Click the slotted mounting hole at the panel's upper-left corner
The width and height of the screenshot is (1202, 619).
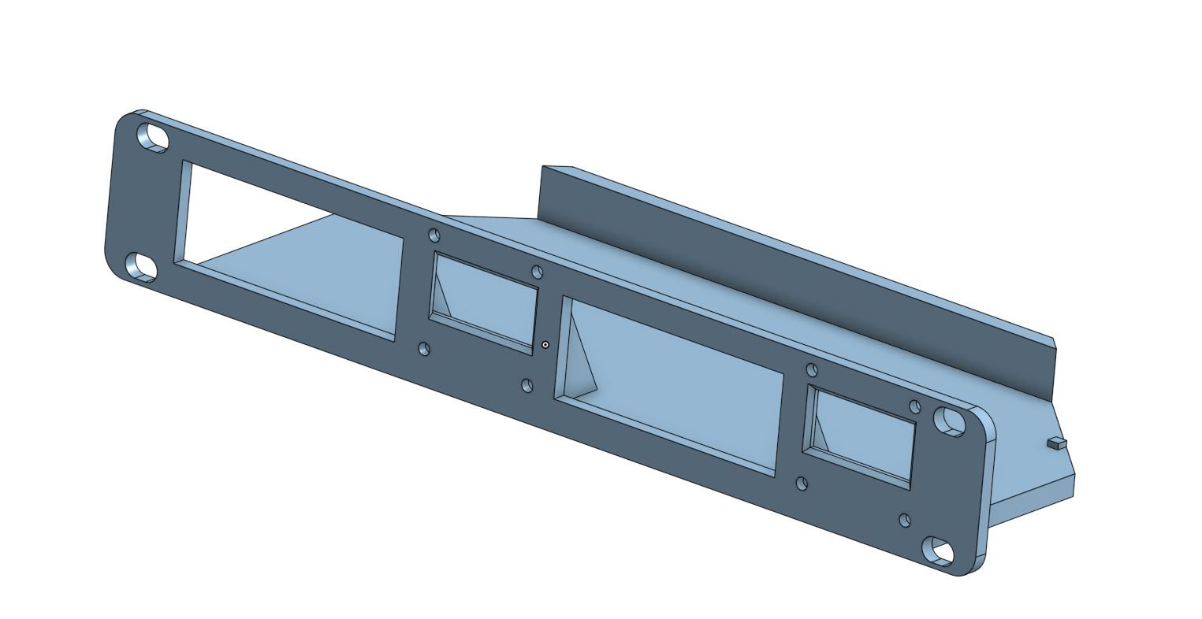tap(153, 138)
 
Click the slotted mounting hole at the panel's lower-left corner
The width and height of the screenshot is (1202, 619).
tap(142, 266)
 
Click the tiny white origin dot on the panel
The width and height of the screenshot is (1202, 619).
tap(545, 345)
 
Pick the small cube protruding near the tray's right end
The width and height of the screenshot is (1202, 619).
tap(1056, 444)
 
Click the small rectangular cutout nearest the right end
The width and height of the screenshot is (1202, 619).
tap(863, 437)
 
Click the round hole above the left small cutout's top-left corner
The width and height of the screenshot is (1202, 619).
tap(434, 235)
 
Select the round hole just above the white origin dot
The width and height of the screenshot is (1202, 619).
tap(538, 272)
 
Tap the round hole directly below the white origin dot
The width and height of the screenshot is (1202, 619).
tap(527, 385)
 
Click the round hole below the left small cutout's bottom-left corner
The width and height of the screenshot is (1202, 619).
tap(424, 348)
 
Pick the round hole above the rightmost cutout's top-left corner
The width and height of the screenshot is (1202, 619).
tap(812, 369)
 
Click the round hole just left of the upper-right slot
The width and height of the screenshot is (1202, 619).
tap(915, 407)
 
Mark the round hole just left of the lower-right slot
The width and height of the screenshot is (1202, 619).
tap(905, 520)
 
